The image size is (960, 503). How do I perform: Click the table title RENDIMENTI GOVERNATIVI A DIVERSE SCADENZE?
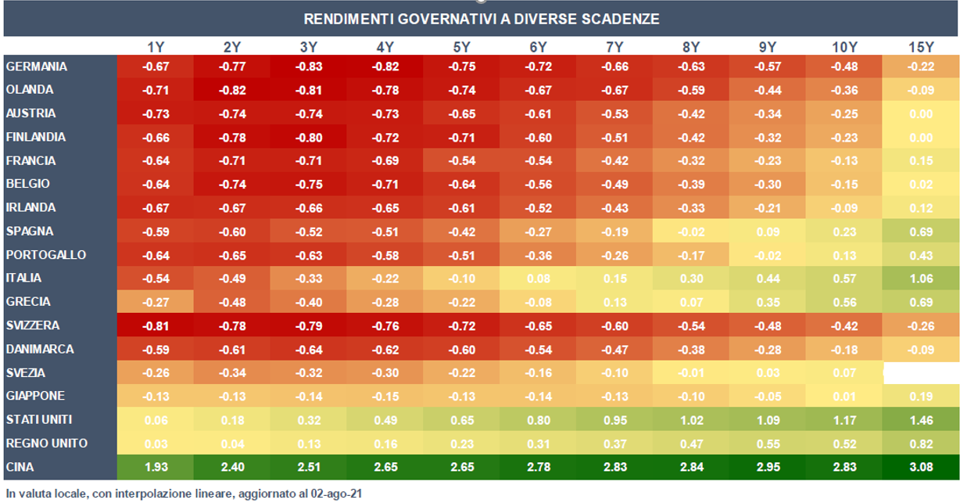(481, 19)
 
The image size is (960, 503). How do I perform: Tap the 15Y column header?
(922, 48)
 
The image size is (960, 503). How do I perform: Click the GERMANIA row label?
(37, 67)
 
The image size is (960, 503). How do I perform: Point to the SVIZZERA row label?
(33, 325)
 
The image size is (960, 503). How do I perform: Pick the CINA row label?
(21, 467)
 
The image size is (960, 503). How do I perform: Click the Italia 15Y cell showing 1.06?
(922, 278)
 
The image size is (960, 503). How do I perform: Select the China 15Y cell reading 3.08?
(922, 467)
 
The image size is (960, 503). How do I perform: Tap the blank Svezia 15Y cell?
(922, 373)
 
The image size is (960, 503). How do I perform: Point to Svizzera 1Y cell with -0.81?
(155, 325)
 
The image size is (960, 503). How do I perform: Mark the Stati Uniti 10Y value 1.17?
(844, 420)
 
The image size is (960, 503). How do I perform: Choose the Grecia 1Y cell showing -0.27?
(155, 302)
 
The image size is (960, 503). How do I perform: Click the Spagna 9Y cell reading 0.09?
(768, 232)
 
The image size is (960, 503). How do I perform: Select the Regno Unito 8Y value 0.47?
(691, 444)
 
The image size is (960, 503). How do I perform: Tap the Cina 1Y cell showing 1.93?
(155, 467)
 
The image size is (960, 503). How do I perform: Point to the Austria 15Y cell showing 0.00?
(922, 114)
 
